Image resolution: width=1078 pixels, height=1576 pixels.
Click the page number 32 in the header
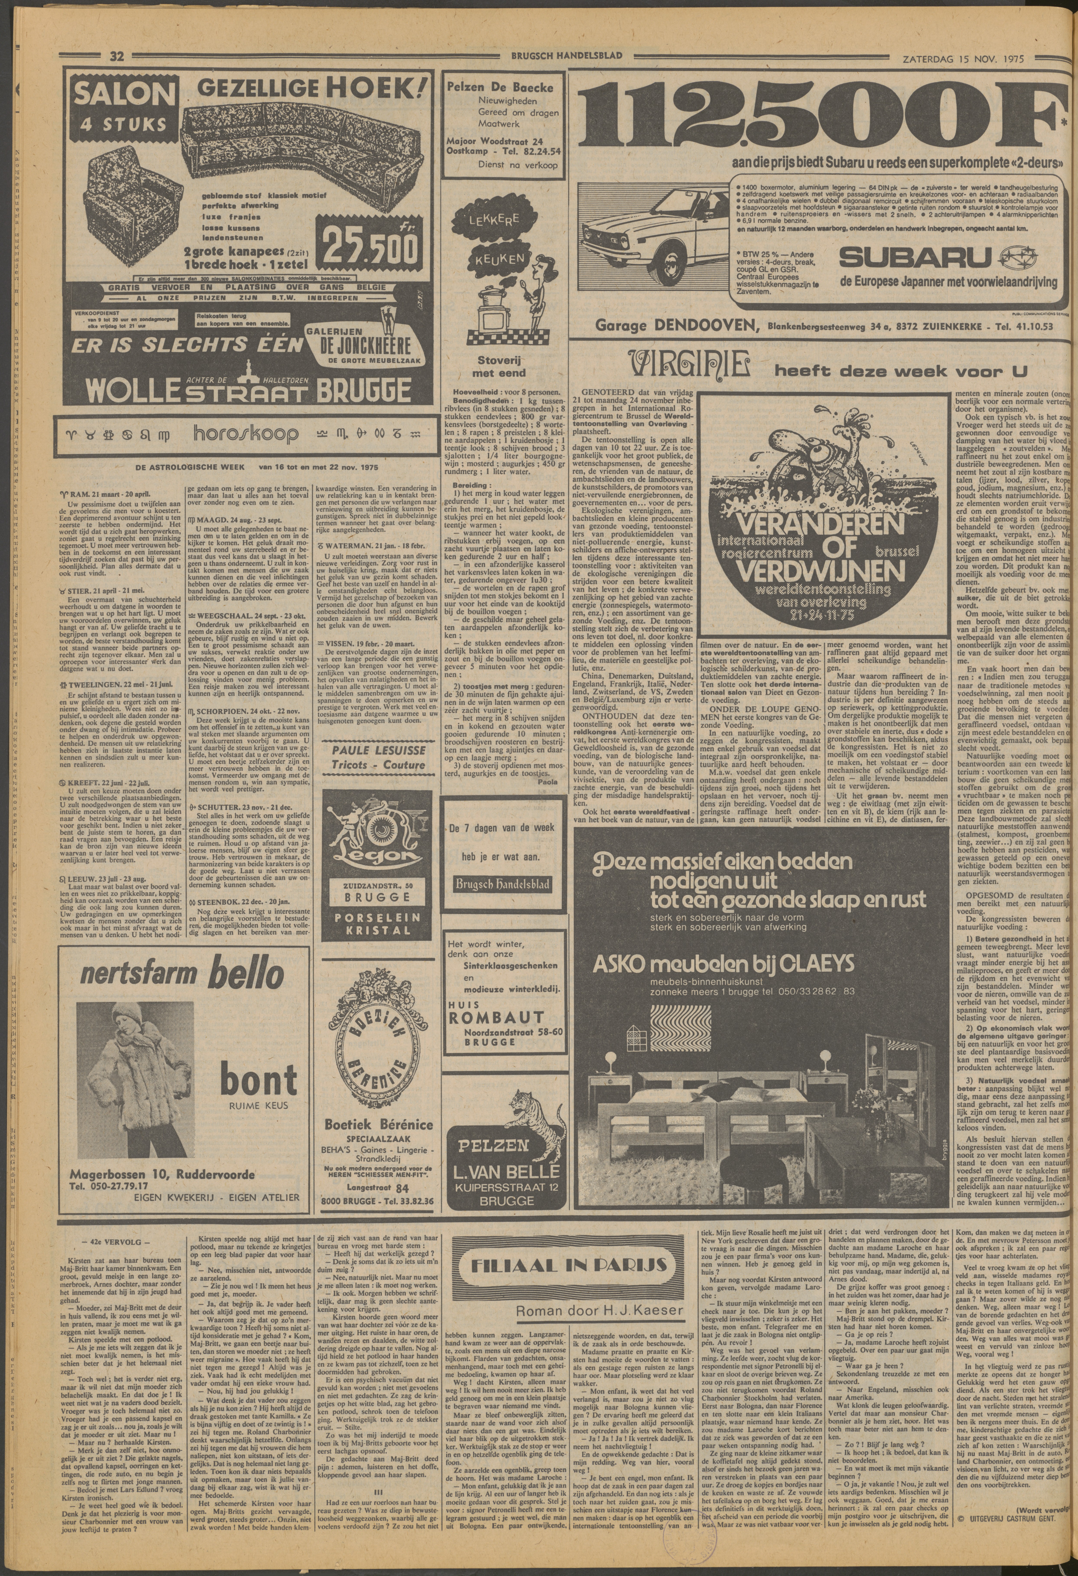(116, 58)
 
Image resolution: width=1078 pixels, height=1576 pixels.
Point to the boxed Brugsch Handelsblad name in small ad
(502, 884)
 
